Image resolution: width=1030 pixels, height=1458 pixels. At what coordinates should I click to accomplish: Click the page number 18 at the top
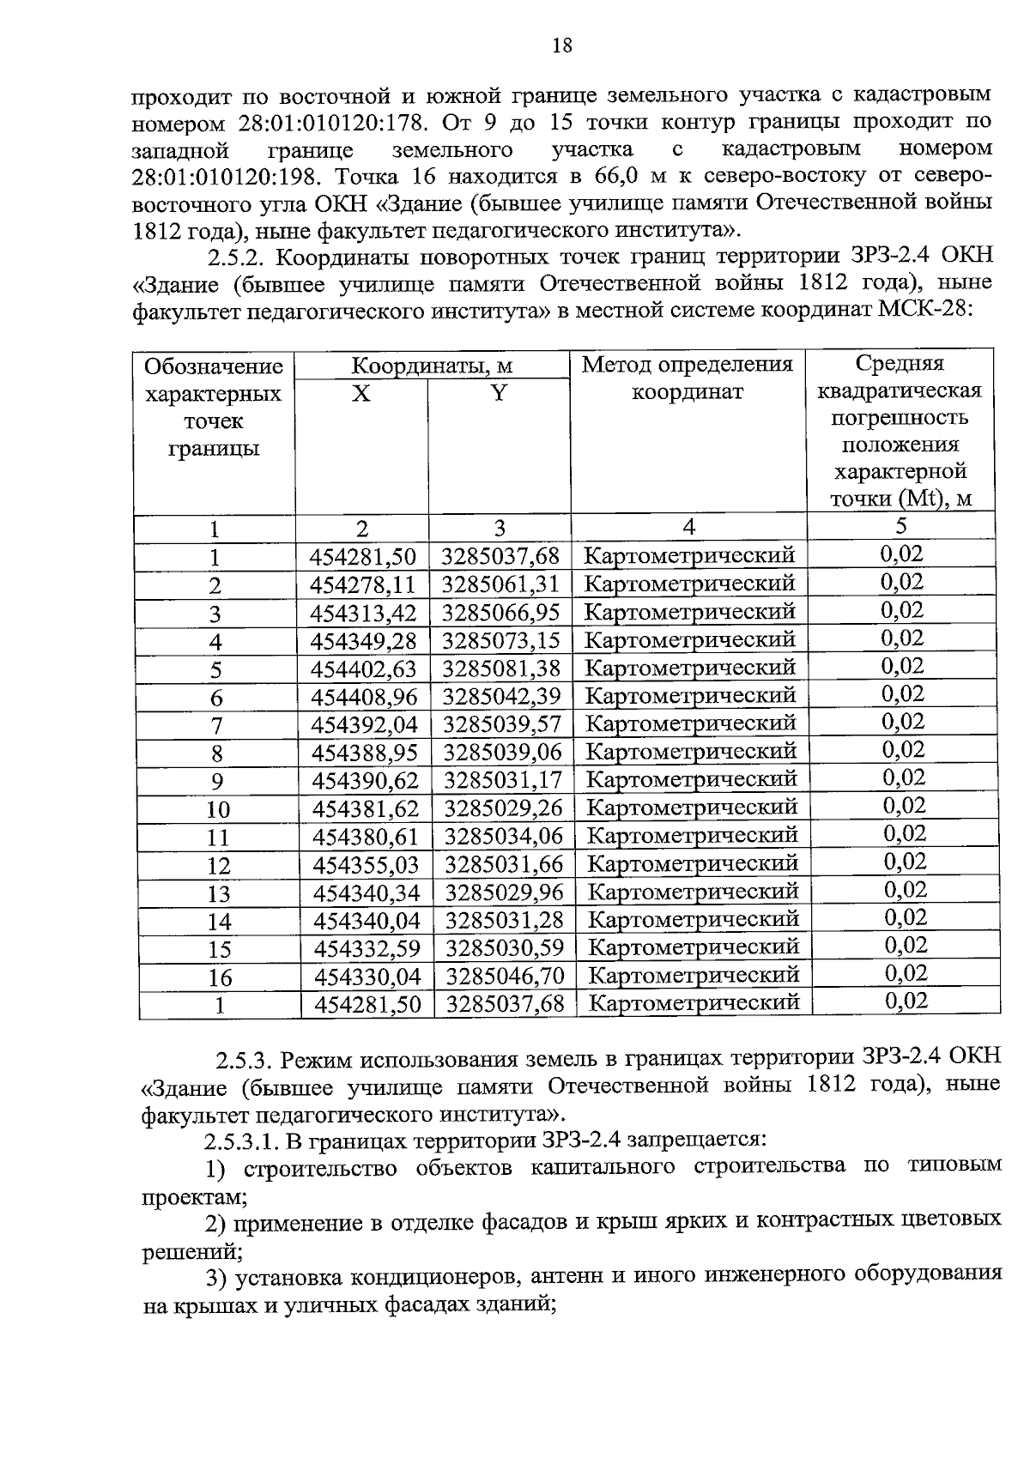(x=561, y=45)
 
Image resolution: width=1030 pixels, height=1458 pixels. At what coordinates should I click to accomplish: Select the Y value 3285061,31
(x=500, y=584)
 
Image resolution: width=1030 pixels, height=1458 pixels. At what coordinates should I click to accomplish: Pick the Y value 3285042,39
(x=501, y=696)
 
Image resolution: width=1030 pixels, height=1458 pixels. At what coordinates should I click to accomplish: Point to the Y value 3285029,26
(x=503, y=808)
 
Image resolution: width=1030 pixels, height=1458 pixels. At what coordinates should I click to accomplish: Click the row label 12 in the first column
(x=219, y=865)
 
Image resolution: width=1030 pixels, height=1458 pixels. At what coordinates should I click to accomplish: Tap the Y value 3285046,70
(x=505, y=976)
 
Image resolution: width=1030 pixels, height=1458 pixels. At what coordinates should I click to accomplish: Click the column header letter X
(x=361, y=394)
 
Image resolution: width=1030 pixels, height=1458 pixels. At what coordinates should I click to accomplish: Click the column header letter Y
(x=499, y=394)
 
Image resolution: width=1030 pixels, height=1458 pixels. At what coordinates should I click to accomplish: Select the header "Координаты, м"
(x=432, y=366)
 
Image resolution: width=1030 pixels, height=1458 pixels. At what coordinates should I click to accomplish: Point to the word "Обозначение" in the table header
(x=214, y=367)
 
